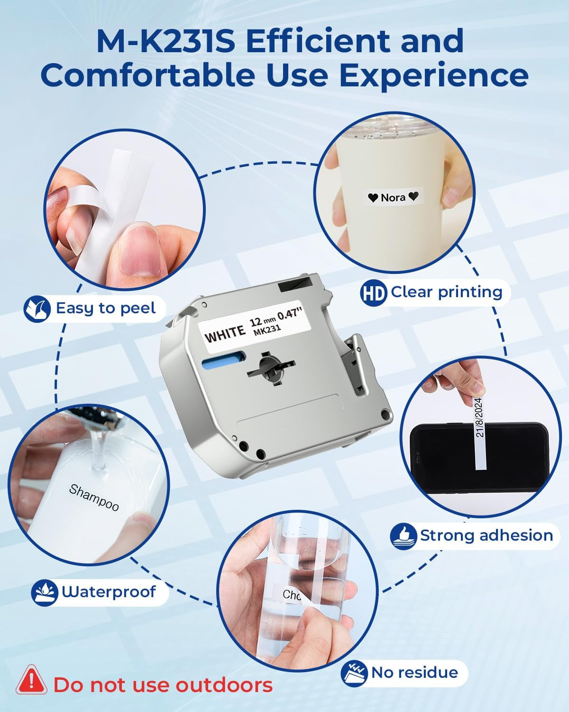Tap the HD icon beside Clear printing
click(x=373, y=292)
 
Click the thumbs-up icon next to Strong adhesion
click(x=404, y=536)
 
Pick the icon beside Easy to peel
click(x=37, y=309)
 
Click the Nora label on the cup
click(x=393, y=197)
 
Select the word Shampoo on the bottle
click(x=94, y=497)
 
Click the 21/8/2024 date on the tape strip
click(x=480, y=417)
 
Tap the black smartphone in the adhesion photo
click(x=479, y=458)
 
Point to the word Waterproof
click(x=109, y=592)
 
